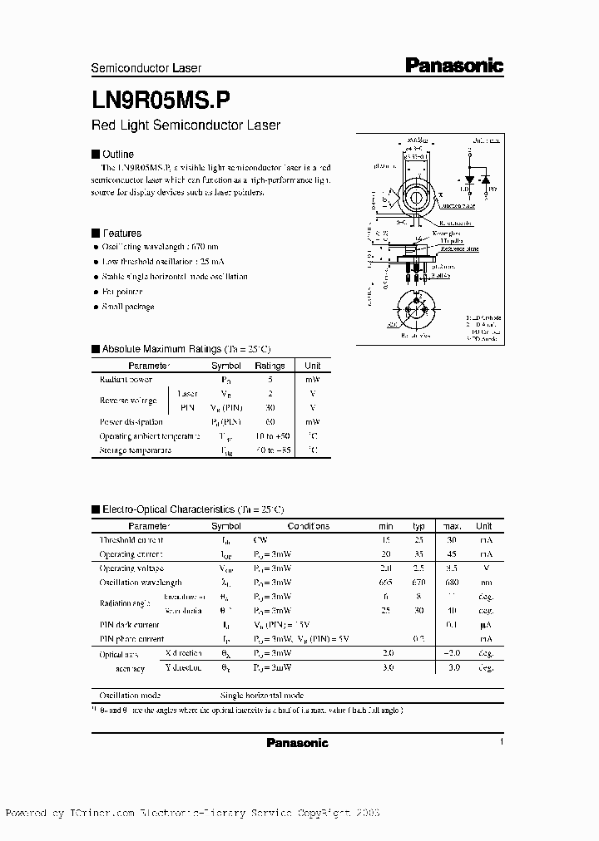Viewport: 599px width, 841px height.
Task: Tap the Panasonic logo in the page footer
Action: click(x=297, y=743)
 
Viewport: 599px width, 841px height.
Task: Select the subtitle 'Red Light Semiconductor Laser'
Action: click(x=186, y=125)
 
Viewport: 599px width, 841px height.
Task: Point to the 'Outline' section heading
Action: click(x=117, y=155)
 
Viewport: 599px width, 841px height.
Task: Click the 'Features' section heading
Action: click(x=121, y=234)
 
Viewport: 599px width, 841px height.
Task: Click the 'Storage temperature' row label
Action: click(x=136, y=450)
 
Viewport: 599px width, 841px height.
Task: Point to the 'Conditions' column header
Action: click(x=309, y=526)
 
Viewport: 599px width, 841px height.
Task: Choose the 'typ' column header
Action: click(x=418, y=526)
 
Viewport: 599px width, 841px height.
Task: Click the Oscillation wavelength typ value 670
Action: click(x=418, y=583)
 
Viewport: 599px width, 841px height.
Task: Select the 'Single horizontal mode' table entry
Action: click(x=261, y=695)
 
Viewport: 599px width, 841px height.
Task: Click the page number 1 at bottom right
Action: click(x=502, y=741)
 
